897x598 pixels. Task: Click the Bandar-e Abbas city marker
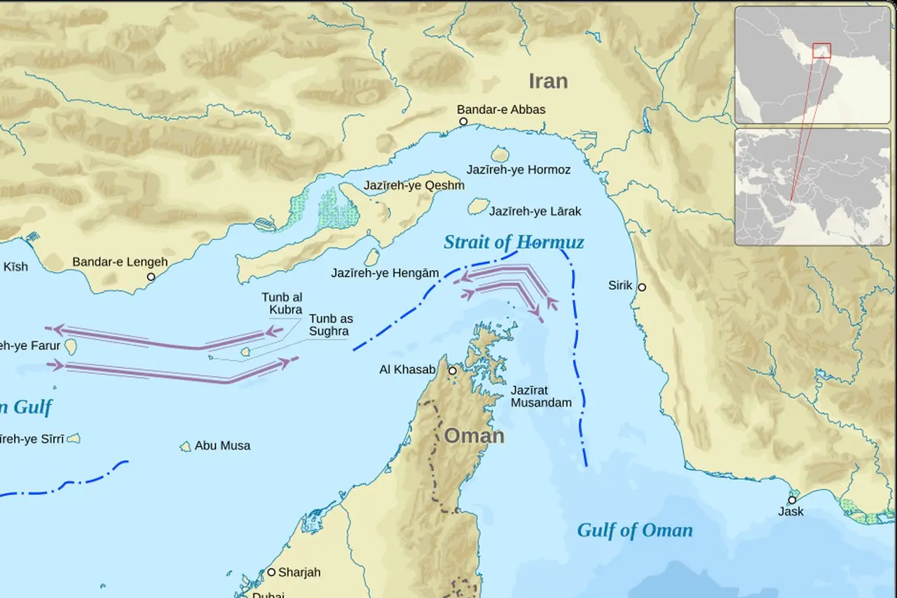tap(463, 122)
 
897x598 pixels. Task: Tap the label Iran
tap(547, 81)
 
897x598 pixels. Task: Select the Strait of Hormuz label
tap(514, 243)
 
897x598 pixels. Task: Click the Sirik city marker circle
tap(641, 287)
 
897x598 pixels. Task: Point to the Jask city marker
tap(792, 500)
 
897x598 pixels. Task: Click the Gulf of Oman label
tap(634, 530)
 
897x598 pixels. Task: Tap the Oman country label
tap(474, 436)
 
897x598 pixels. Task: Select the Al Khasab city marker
tap(453, 371)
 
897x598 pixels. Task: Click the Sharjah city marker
tap(272, 572)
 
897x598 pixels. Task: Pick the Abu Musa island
tap(186, 447)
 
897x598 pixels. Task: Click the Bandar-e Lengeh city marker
tap(151, 277)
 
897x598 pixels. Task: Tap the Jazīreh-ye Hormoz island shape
tap(500, 154)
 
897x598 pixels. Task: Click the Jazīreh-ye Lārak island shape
tap(479, 206)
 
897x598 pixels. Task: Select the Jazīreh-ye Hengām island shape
tap(372, 258)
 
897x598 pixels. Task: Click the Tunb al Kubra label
tap(282, 304)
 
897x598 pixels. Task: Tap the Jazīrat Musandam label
tap(540, 396)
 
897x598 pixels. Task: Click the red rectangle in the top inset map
tap(821, 50)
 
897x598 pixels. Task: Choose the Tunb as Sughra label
tap(331, 325)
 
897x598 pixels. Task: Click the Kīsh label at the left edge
tap(15, 266)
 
